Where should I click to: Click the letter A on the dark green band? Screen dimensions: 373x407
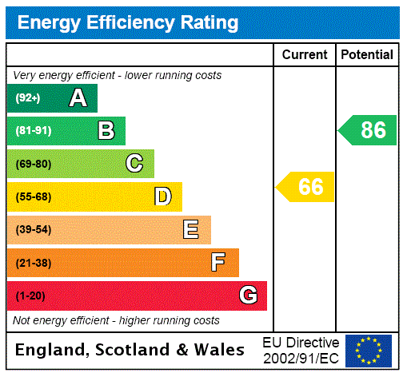point(78,98)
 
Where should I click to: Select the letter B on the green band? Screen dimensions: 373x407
point(106,131)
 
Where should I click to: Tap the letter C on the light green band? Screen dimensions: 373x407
point(134,164)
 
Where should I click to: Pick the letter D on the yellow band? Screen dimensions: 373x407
point(162,196)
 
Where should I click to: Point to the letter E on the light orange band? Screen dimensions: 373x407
point(191,230)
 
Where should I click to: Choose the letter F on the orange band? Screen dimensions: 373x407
point(218,263)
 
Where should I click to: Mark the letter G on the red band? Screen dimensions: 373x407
point(248,296)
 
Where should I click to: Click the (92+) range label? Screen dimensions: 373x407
point(28,98)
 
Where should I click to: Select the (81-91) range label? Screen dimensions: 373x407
point(33,131)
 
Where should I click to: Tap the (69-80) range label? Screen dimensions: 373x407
point(33,164)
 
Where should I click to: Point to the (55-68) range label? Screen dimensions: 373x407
point(33,196)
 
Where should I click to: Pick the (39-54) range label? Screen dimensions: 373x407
point(33,230)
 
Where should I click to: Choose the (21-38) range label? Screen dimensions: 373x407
point(33,263)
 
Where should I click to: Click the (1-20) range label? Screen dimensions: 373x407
point(30,296)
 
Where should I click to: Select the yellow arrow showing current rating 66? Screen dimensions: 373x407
point(306,187)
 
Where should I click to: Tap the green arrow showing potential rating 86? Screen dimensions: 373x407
point(369,129)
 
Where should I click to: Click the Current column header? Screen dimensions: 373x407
point(305,55)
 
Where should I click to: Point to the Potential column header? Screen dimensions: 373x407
point(367,55)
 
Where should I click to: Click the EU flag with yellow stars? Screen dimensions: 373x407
point(369,351)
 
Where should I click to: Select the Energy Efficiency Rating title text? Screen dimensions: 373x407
point(128,22)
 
